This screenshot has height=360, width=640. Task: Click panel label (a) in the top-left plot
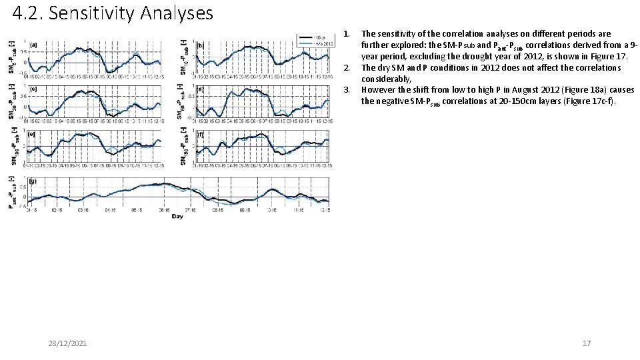[x=33, y=45]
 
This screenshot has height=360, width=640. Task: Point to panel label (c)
[x=33, y=89]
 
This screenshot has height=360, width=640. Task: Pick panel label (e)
[x=33, y=133]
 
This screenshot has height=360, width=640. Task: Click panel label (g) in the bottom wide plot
[x=33, y=181]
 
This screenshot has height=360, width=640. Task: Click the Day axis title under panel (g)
[x=177, y=216]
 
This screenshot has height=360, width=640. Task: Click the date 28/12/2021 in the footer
[x=67, y=343]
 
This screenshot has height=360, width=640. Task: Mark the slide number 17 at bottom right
[x=587, y=343]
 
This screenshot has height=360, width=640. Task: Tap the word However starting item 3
[x=378, y=89]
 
